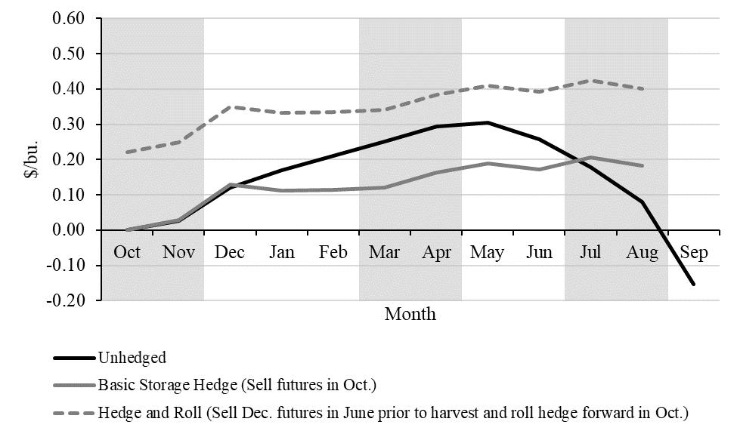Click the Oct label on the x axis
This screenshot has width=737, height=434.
127,252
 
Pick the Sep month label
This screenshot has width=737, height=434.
694,252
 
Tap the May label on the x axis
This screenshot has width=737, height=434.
488,252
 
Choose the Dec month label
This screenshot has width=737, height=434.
230,252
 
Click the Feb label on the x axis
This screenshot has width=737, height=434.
333,252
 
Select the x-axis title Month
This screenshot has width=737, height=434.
410,313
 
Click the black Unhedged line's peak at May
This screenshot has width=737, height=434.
488,122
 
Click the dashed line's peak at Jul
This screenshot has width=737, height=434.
590,80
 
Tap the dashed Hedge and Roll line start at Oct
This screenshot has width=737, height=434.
127,152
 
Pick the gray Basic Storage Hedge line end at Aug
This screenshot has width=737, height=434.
643,165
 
